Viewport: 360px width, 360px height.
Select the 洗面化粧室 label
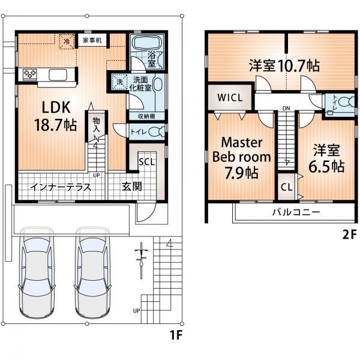pos(142,84)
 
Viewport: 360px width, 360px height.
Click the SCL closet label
pos(146,161)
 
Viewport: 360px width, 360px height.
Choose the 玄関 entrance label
pos(133,187)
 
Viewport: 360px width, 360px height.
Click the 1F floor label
pos(174,334)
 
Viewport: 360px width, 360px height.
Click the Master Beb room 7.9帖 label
pos(241,158)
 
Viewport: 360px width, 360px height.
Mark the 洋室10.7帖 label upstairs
pos(275,65)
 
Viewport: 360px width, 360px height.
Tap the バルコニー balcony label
pos(296,212)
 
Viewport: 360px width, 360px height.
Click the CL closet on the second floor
pos(287,187)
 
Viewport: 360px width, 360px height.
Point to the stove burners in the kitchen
pos(29,74)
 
